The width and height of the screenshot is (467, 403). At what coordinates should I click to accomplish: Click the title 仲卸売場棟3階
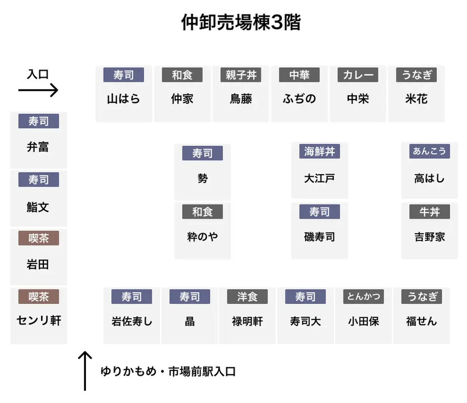[241, 22]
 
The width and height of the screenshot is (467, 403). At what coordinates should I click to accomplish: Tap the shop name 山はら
[123, 99]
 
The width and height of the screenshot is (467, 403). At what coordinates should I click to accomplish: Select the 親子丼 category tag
[241, 75]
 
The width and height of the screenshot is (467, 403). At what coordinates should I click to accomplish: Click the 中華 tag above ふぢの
[299, 75]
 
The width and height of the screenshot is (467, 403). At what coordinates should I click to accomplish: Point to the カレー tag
[358, 75]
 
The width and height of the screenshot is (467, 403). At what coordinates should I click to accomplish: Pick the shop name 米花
[416, 99]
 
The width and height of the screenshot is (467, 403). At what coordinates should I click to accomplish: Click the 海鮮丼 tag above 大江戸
[320, 151]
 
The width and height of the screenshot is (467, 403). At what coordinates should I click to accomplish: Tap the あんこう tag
[429, 151]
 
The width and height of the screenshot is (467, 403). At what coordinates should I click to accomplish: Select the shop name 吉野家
[429, 237]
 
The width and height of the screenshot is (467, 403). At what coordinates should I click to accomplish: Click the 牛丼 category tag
[429, 212]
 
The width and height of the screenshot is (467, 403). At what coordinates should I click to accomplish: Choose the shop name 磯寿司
[320, 237]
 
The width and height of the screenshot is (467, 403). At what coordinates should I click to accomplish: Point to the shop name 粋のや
[203, 237]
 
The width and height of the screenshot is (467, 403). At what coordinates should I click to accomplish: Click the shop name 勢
[203, 179]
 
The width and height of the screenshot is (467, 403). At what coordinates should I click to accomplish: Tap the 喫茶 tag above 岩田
[39, 238]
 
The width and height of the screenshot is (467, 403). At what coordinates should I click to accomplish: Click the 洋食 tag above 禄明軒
[247, 297]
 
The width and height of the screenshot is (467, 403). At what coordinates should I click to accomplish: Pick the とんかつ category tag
[364, 297]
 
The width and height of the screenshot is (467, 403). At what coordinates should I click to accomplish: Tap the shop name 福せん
[422, 322]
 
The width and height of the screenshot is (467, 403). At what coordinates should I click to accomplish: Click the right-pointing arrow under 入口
[38, 90]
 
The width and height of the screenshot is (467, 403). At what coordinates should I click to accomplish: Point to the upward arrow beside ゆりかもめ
[85, 371]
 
